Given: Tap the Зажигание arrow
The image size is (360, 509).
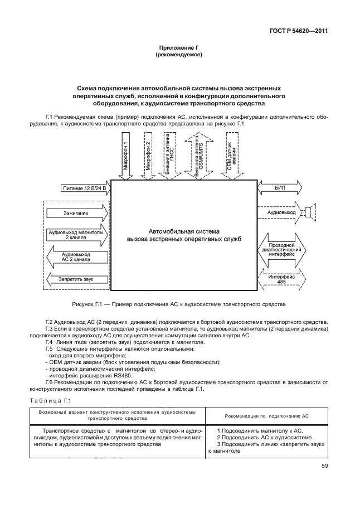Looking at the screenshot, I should click(77, 212).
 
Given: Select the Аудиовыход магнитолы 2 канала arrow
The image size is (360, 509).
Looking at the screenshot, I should click(77, 234).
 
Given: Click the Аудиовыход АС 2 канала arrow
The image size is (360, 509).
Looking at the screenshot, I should click(77, 256).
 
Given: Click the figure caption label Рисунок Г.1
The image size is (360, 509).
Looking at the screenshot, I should click(88, 304).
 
